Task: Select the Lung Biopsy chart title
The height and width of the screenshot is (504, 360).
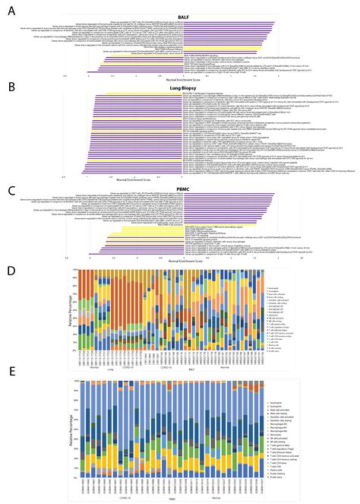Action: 180,89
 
